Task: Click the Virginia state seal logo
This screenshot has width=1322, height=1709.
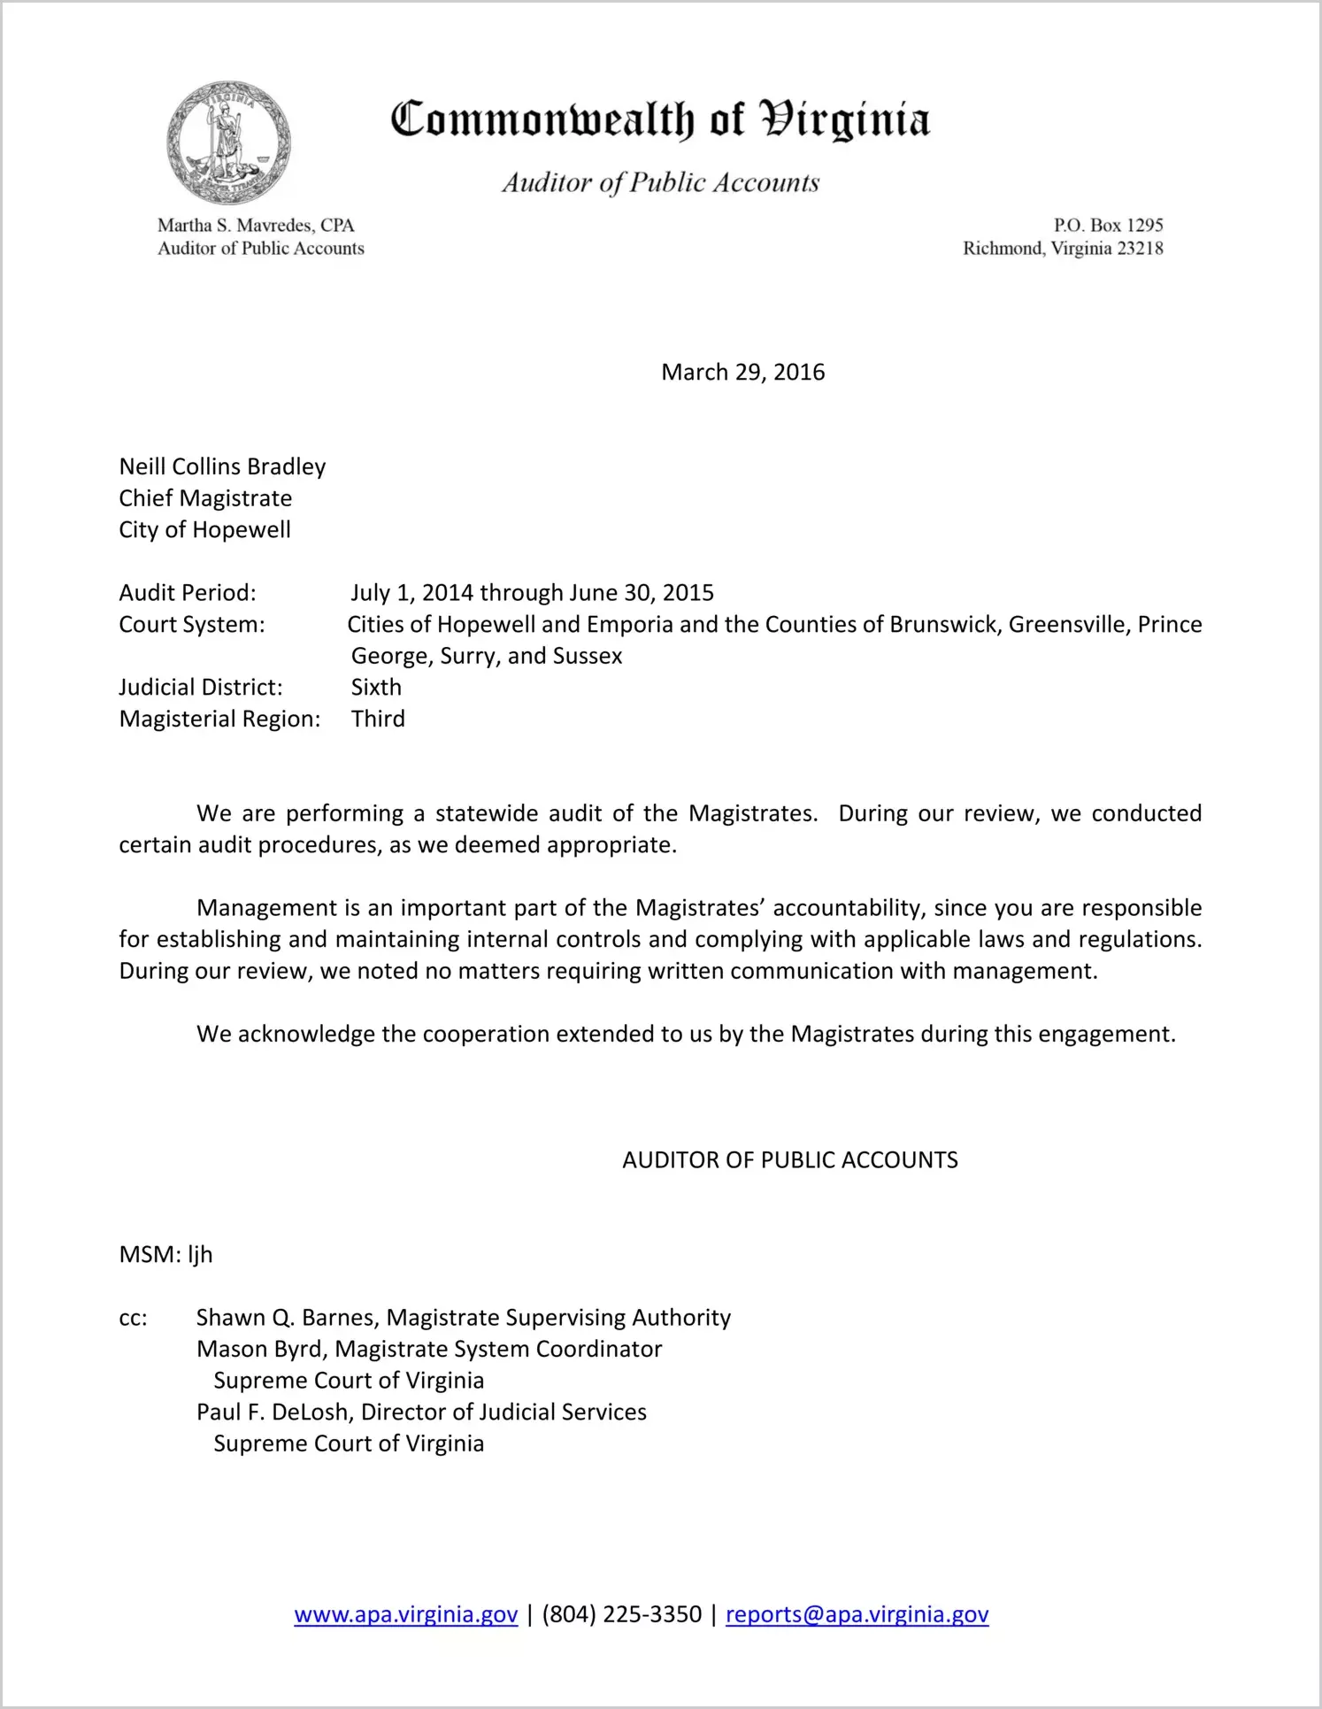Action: pyautogui.click(x=228, y=142)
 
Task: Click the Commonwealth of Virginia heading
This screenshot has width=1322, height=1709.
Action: pyautogui.click(x=660, y=119)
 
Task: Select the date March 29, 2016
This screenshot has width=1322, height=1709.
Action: pyautogui.click(x=742, y=372)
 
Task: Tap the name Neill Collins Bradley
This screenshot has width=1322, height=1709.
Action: pyautogui.click(x=222, y=466)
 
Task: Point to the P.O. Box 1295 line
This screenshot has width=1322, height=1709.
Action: pyautogui.click(x=1108, y=225)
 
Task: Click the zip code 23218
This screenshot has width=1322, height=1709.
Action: pyautogui.click(x=1140, y=248)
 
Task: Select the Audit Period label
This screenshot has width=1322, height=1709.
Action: pyautogui.click(x=188, y=592)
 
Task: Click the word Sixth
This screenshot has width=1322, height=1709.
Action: pyautogui.click(x=376, y=687)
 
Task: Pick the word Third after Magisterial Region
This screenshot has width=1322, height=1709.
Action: pyautogui.click(x=378, y=719)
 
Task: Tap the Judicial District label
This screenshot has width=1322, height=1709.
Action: pyautogui.click(x=201, y=687)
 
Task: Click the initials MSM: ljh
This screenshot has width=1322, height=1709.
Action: pyautogui.click(x=165, y=1254)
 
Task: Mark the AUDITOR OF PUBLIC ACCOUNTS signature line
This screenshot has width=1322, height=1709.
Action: pyautogui.click(x=789, y=1159)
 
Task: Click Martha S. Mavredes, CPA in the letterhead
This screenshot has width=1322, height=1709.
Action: pyautogui.click(x=256, y=225)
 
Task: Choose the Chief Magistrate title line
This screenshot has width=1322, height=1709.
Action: pyautogui.click(x=205, y=498)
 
